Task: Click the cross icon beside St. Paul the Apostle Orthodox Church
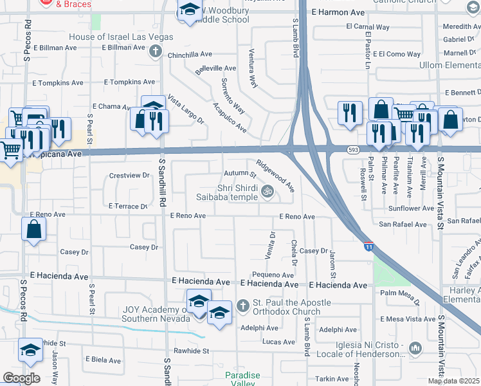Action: (x=243, y=305)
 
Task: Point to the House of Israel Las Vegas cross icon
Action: (x=155, y=51)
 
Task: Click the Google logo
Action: (x=21, y=378)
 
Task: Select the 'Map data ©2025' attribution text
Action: (x=453, y=381)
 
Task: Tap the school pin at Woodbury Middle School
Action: (x=189, y=11)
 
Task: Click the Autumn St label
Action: (x=240, y=174)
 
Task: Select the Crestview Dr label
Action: (x=129, y=175)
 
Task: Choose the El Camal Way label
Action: (x=367, y=27)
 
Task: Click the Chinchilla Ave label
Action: (x=190, y=55)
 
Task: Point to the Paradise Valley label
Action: (x=242, y=379)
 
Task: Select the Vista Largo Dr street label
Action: (x=186, y=109)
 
